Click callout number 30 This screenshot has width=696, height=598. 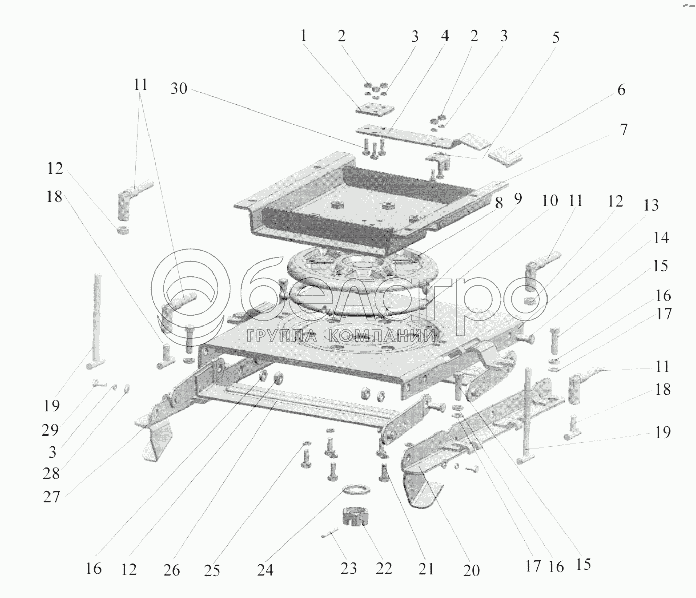tap(179, 89)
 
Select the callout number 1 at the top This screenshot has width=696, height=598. tap(303, 36)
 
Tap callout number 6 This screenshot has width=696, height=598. tap(621, 90)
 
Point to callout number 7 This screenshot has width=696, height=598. tap(624, 130)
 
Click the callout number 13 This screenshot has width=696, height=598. tap(651, 206)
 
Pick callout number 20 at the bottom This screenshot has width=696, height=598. tap(471, 570)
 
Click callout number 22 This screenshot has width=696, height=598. tap(384, 568)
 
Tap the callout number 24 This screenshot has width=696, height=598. tap(265, 570)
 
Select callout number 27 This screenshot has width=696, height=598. tap(52, 497)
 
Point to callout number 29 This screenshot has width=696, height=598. tap(50, 430)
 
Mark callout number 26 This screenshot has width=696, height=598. tap(172, 570)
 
